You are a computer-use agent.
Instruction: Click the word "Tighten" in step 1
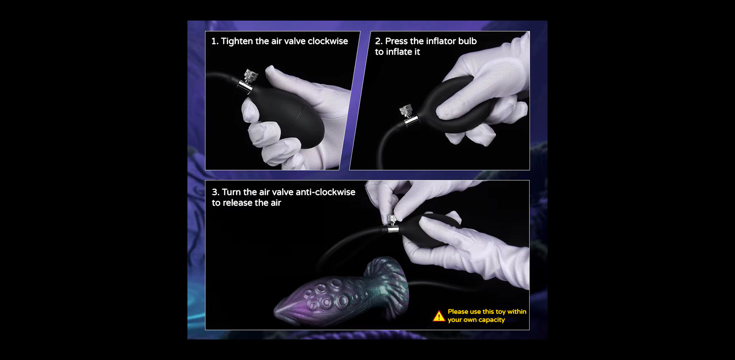pos(237,42)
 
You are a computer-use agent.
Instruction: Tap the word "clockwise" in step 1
pos(327,41)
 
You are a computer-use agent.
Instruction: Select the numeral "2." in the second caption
pos(379,41)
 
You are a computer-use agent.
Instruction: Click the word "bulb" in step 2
pos(467,41)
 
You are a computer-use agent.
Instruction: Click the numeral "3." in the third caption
pos(216,192)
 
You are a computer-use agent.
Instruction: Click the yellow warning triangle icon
pos(439,316)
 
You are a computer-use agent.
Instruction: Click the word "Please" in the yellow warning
pos(458,312)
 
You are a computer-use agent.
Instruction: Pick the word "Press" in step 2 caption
pos(396,41)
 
